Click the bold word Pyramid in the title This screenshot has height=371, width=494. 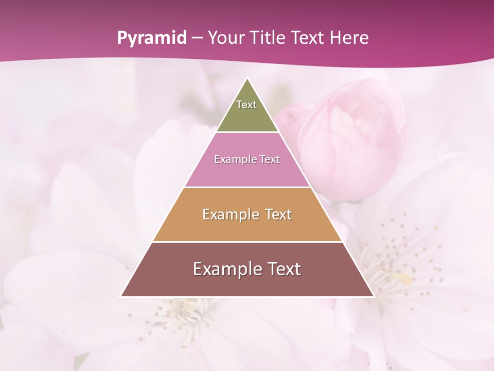151,38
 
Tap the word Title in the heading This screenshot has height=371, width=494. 269,38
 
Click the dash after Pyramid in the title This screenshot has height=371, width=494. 197,38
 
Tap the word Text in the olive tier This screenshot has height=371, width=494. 246,105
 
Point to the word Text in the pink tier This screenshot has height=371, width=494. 270,160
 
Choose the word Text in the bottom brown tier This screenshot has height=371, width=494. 284,269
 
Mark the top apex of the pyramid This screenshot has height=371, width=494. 248,79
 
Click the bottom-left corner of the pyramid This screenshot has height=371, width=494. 122,296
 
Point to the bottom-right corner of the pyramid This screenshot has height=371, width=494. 373,296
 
